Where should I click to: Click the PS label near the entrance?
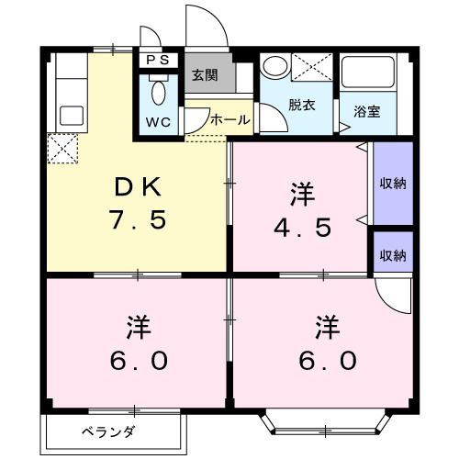[158, 62]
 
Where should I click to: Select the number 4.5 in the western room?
[302, 226]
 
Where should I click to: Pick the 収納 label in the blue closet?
[393, 182]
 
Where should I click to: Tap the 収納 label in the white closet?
[393, 254]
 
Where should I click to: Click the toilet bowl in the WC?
[158, 94]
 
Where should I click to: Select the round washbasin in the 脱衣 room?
[274, 68]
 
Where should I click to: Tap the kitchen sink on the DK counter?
[70, 116]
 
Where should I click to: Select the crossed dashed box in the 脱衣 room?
[313, 69]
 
